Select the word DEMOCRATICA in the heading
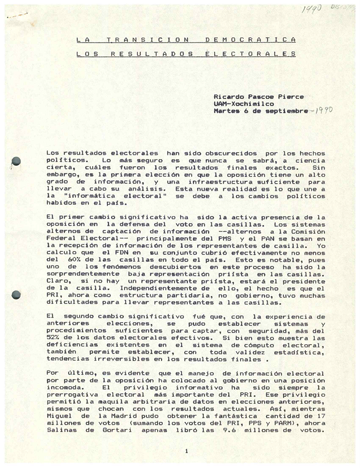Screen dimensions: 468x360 pos(251,40)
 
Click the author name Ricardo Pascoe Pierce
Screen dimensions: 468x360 pos(258,97)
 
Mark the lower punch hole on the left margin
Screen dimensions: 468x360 pos(16,295)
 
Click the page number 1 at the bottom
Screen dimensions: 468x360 pos(186,451)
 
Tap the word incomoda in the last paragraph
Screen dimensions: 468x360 pos(63,386)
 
